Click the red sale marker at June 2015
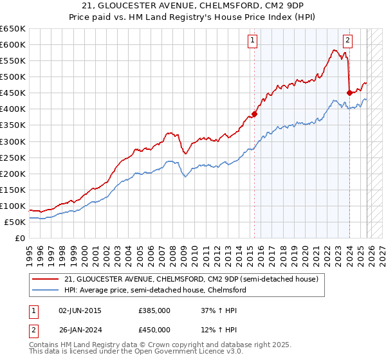tap(254, 114)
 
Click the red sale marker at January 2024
tap(349, 93)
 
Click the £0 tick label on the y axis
tap(19, 238)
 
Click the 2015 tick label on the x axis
tap(250, 251)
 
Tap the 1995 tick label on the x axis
tap(30, 251)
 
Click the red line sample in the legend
tap(46, 280)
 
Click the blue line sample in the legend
tap(46, 291)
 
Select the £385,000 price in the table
tap(154, 310)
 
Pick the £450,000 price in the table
tap(154, 330)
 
